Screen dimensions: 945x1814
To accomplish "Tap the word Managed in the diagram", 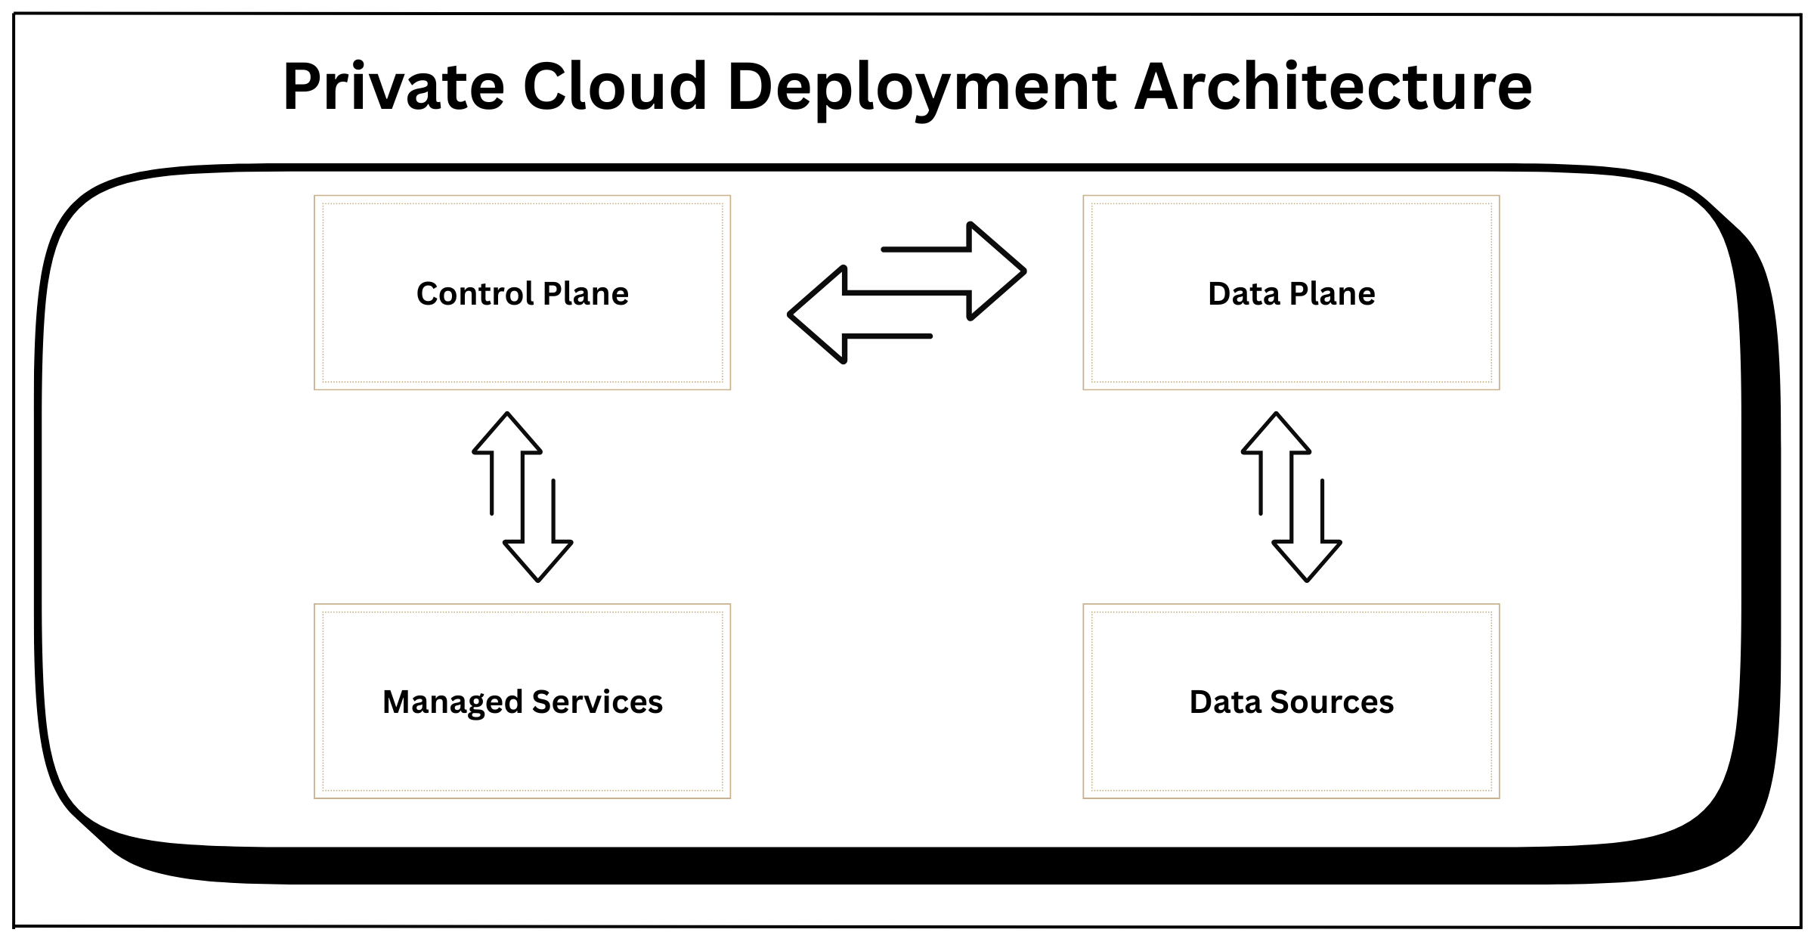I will (x=452, y=702).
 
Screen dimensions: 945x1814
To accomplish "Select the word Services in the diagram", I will (x=597, y=702).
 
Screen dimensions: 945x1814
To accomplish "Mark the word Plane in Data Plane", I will (x=1332, y=293).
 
